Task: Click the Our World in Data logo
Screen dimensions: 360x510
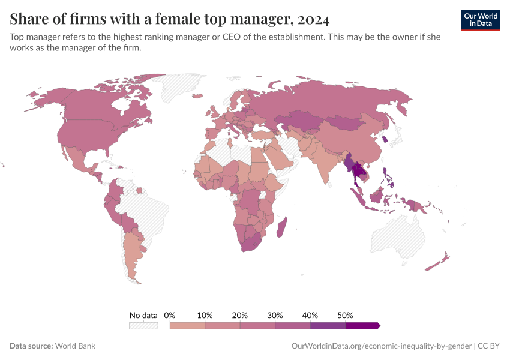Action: pos(481,20)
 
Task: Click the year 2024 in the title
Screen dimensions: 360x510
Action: pos(313,19)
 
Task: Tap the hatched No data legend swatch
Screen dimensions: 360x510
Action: pos(143,325)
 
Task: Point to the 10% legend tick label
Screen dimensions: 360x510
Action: pos(205,315)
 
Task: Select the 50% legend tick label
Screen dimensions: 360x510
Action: pos(345,315)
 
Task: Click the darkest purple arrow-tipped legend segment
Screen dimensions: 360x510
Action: pos(362,325)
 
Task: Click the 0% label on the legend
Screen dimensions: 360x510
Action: pos(170,315)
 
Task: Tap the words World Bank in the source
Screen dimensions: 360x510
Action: pos(75,346)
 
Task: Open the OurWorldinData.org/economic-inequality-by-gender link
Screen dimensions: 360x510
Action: pos(381,346)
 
